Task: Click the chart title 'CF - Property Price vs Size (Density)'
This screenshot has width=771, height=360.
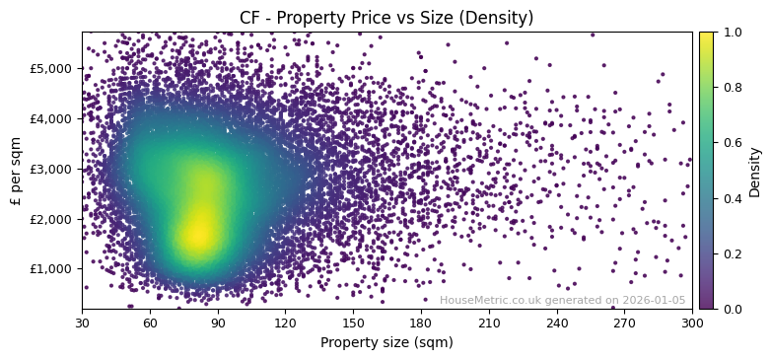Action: [386, 18]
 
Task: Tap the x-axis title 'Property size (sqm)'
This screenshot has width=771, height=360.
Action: [386, 343]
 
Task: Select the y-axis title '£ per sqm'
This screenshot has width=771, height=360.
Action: [15, 171]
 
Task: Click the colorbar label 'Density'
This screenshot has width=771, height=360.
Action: [755, 171]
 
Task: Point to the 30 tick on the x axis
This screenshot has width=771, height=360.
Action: [82, 322]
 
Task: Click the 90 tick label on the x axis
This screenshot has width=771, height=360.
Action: [218, 322]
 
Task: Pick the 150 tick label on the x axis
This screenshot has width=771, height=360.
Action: [353, 322]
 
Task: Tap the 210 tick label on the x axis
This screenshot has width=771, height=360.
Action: [489, 322]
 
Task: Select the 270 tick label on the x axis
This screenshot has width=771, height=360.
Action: [624, 322]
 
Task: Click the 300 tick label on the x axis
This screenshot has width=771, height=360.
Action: [692, 322]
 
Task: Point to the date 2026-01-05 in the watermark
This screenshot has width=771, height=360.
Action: [653, 301]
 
